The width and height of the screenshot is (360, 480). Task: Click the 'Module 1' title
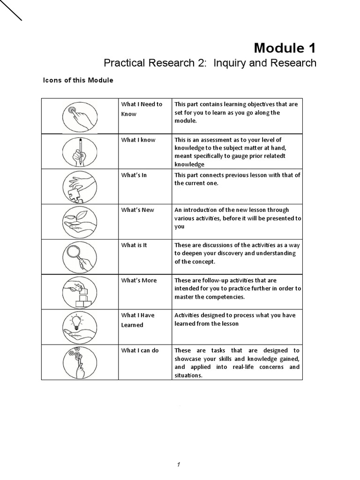[285, 48]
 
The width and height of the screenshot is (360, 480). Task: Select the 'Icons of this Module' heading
[78, 80]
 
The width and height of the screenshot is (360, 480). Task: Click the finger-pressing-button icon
[80, 116]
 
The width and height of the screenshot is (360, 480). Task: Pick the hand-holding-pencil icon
[80, 151]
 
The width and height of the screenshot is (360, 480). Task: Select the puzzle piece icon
[80, 187]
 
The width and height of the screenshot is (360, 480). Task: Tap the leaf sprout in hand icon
[80, 222]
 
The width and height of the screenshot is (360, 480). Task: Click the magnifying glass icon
[80, 257]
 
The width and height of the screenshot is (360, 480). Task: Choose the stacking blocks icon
[80, 292]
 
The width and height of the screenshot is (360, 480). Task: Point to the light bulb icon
[80, 327]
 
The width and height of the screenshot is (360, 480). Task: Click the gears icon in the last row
[80, 362]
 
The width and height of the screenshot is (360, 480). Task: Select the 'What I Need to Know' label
[142, 109]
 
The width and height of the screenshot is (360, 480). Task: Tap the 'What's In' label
[134, 175]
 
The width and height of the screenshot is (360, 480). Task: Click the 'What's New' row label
[137, 210]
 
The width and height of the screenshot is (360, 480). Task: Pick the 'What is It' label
[134, 245]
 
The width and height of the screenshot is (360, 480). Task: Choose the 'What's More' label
[139, 280]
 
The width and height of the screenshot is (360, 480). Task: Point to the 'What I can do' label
[140, 350]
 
